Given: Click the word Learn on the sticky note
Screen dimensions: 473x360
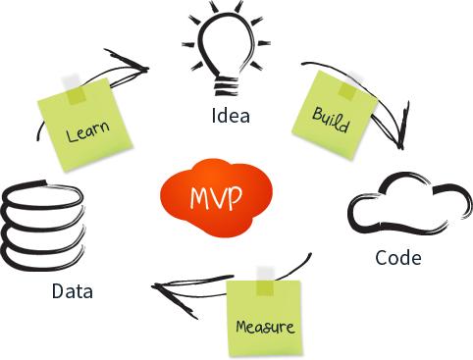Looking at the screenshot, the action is (x=86, y=132).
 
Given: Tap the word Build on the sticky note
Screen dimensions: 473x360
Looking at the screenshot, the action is (x=331, y=116).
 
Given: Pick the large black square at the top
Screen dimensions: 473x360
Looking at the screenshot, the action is (x=227, y=48).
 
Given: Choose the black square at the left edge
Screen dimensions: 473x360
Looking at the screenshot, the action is (x=42, y=226).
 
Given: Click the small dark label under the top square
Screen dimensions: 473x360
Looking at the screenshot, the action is (x=231, y=115).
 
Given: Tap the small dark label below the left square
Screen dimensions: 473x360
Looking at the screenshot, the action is (x=73, y=290).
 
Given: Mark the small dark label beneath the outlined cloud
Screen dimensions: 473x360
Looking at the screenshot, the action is (x=398, y=257).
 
